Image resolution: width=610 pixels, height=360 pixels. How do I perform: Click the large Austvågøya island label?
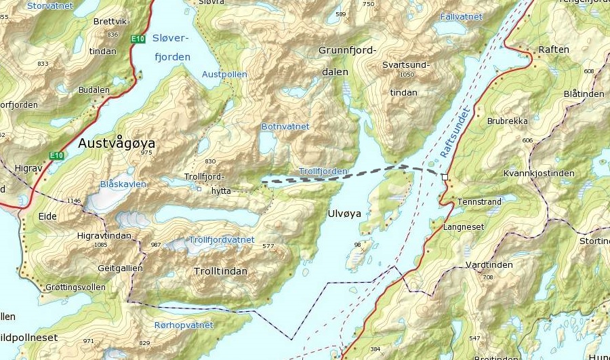point(117,144)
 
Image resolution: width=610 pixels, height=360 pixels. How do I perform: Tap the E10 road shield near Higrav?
point(56,156)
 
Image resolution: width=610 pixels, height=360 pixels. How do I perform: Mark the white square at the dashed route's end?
point(445,177)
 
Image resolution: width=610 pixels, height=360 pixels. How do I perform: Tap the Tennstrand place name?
point(480,202)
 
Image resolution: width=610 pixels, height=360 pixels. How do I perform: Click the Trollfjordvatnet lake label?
point(222,240)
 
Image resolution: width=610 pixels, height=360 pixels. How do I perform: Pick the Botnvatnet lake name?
point(285,127)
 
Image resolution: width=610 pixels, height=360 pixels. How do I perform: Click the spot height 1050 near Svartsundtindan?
point(407,75)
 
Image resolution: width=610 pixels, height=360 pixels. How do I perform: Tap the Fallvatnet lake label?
point(461,16)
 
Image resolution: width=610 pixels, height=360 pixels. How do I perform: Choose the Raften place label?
point(553,49)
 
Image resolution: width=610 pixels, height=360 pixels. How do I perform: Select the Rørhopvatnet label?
point(184,325)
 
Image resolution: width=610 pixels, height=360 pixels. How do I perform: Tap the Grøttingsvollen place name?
point(75,287)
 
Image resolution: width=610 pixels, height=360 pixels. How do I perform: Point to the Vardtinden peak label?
point(489,265)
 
